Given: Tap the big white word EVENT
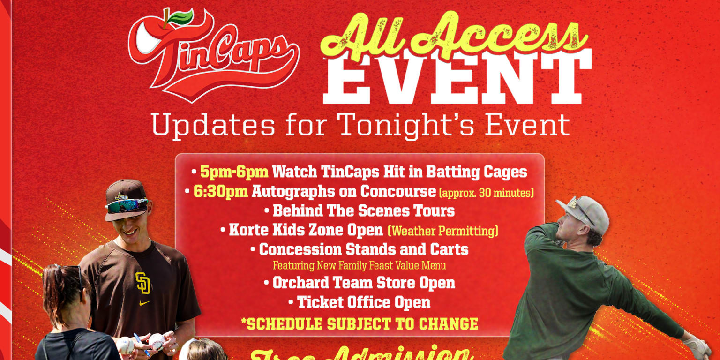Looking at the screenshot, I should click(x=457, y=77).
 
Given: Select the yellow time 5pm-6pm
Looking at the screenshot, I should click(x=234, y=172).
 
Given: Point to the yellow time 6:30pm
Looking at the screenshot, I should click(x=221, y=191).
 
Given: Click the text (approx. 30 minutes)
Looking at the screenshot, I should click(x=487, y=193).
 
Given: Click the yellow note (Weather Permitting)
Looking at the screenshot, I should click(x=442, y=231).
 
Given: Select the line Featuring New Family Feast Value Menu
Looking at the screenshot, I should click(x=359, y=266).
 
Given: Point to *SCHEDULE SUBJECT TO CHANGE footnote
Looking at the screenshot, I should click(x=360, y=323).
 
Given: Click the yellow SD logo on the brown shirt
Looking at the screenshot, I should click(x=143, y=283).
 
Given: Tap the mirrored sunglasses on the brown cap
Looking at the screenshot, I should click(x=126, y=205).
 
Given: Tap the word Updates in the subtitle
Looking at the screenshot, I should click(x=213, y=125).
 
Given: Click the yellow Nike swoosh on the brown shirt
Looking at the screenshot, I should click(x=145, y=303).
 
